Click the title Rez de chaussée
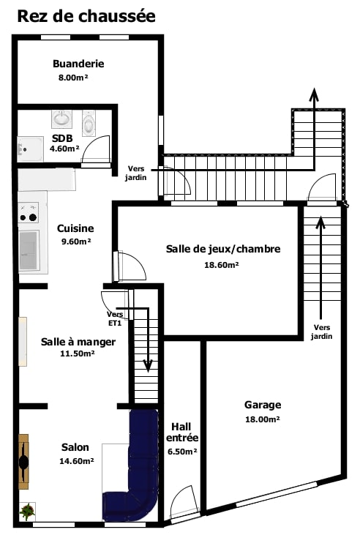[x=86, y=16]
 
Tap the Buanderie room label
[x=78, y=64]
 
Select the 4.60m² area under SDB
[x=64, y=149]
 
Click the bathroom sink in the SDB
[x=61, y=119]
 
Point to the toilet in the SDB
[x=89, y=123]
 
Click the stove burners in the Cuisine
[x=29, y=212]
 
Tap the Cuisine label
[x=75, y=228]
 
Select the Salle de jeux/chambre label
[x=223, y=249]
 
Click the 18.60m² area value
[x=222, y=264]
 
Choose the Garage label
[x=263, y=405]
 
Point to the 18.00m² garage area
[x=263, y=419]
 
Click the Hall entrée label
[x=182, y=432]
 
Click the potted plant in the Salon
[x=27, y=512]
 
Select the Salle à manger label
[x=78, y=342]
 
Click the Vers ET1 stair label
[x=115, y=318]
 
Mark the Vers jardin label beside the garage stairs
[x=321, y=332]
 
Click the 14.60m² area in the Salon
[x=77, y=461]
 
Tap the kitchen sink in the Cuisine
[x=29, y=250]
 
